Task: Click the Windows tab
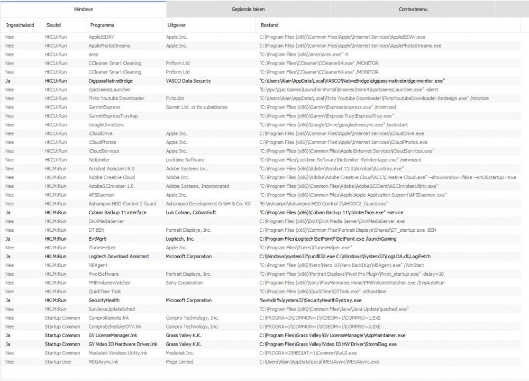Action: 83,9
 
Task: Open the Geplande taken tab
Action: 248,9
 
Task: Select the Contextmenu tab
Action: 413,9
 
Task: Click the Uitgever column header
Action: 176,25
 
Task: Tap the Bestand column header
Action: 269,25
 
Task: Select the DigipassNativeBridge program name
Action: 111,81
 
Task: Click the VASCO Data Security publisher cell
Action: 188,81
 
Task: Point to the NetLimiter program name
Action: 99,160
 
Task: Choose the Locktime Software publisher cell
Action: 185,160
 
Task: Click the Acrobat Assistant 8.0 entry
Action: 112,169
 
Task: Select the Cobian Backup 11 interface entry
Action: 117,213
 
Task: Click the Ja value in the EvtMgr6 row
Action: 8,239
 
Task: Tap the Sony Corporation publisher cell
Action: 184,283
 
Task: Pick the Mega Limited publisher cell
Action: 179,362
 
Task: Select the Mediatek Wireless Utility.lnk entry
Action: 118,353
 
